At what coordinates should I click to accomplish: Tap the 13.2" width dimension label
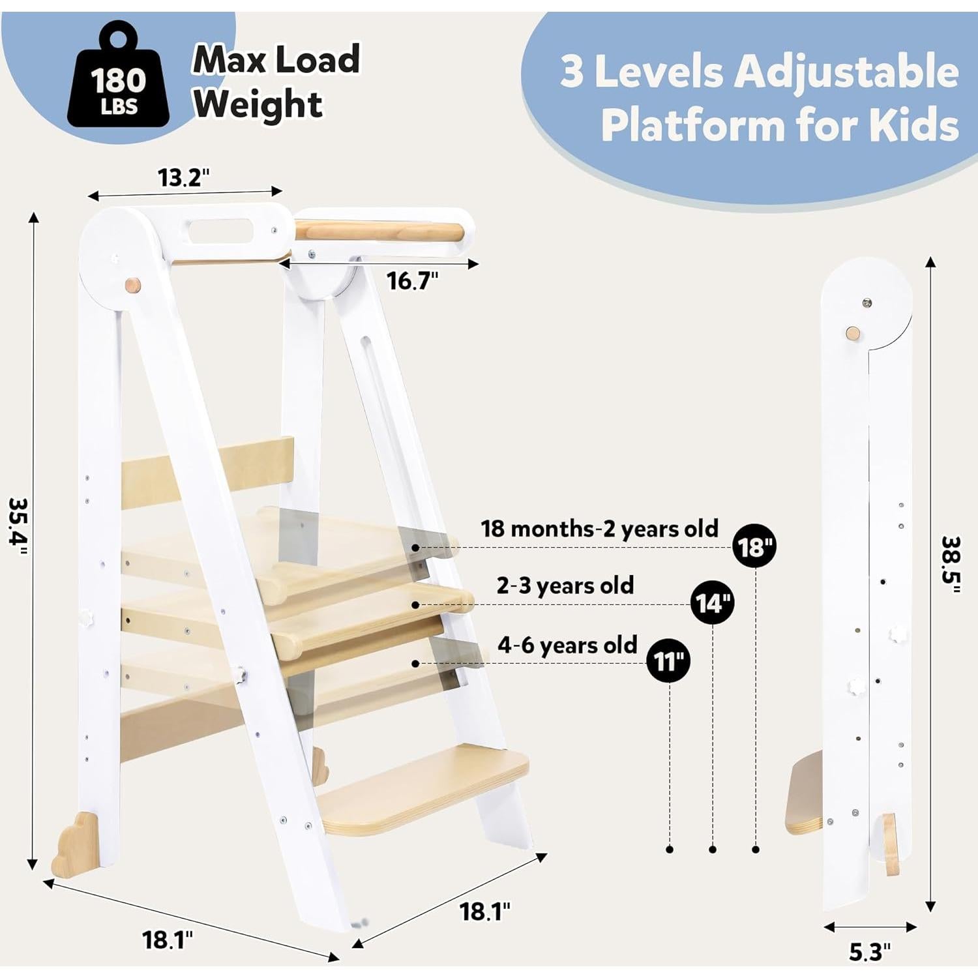click(184, 177)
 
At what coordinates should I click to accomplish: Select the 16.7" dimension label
click(412, 281)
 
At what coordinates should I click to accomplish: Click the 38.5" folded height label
click(951, 565)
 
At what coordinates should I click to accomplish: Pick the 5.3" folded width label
click(869, 952)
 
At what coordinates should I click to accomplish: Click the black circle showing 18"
click(754, 546)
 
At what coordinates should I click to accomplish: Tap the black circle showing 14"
click(712, 603)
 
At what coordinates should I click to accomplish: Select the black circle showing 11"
click(668, 661)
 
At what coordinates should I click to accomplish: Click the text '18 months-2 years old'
click(599, 529)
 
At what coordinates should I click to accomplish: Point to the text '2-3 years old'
click(565, 585)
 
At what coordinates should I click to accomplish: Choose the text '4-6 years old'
click(567, 645)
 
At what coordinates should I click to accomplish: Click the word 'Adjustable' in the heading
click(846, 71)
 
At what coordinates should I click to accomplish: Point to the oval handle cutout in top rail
click(219, 231)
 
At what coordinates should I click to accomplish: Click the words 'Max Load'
click(276, 60)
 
